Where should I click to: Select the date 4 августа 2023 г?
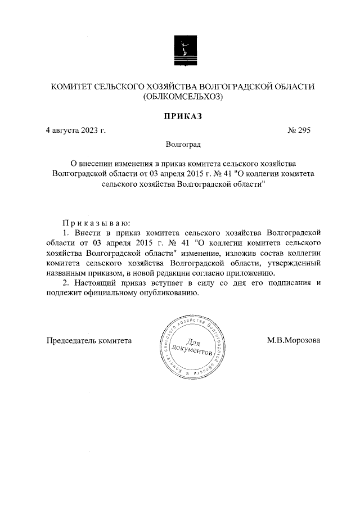pyautogui.click(x=76, y=130)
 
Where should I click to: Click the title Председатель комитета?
pyautogui.click(x=89, y=340)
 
